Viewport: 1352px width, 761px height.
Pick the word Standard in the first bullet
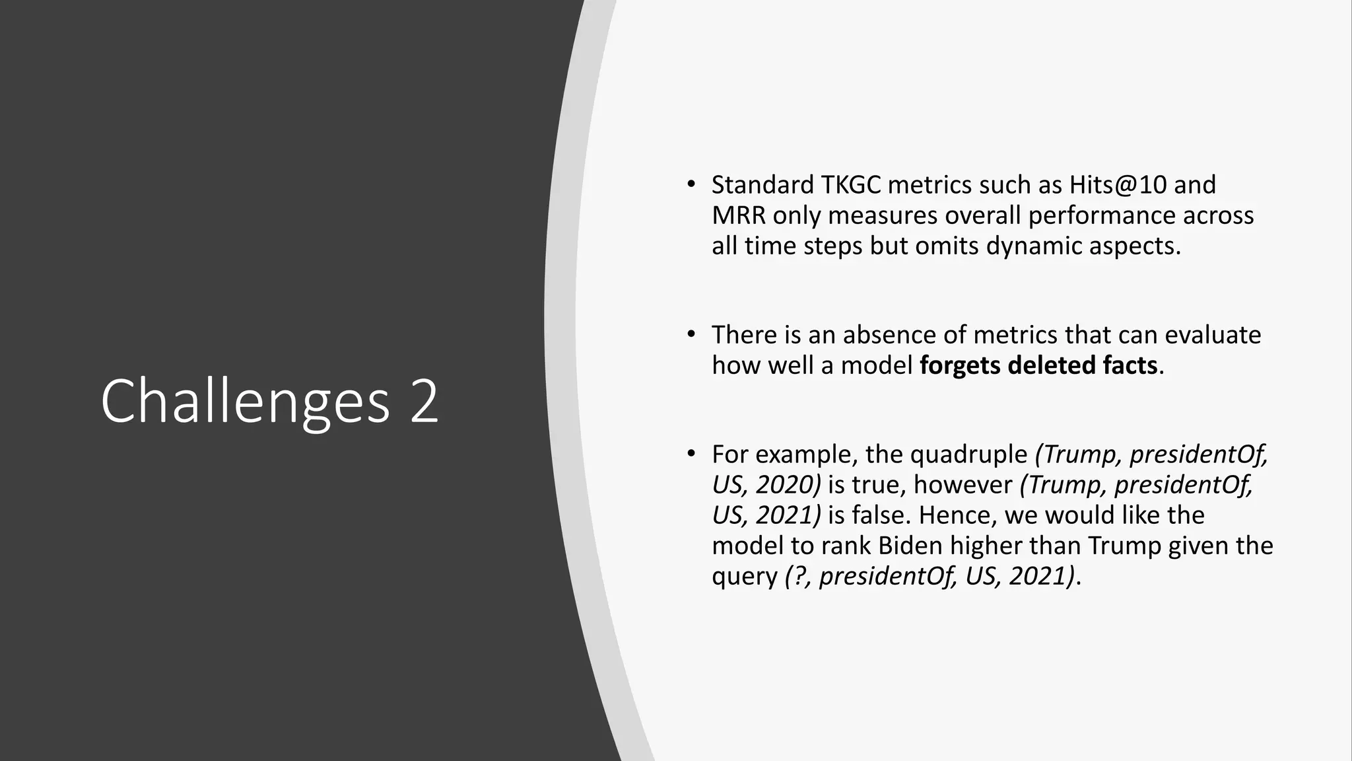[x=762, y=185]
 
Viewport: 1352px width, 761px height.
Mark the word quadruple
[x=968, y=454]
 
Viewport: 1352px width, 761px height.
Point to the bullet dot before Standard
[x=691, y=184]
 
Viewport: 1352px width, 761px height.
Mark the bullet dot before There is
[x=691, y=334]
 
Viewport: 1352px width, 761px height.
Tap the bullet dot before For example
[x=691, y=454]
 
